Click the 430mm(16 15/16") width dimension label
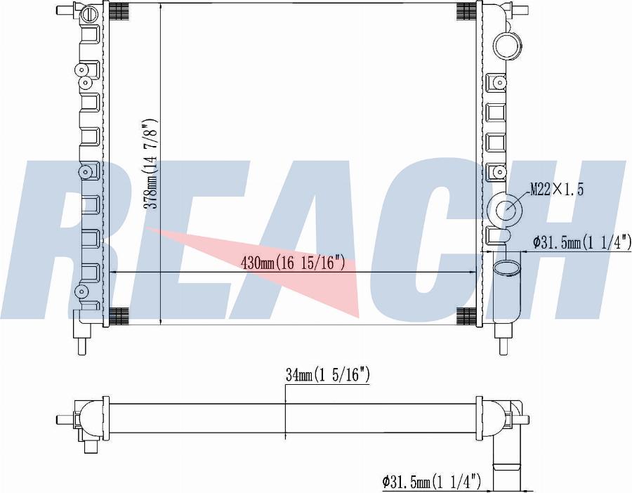(293, 263)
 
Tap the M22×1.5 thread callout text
(557, 189)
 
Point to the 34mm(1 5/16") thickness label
(327, 375)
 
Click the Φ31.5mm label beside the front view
(581, 242)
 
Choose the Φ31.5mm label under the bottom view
(431, 481)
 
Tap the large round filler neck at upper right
(508, 46)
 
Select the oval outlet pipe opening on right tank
(507, 268)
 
